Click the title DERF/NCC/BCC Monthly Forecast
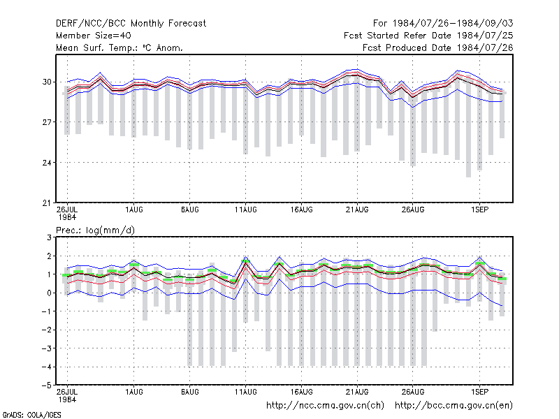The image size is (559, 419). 131,24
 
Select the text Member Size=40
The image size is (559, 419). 94,36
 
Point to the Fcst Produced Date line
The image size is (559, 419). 438,47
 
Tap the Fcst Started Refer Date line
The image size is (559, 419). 428,36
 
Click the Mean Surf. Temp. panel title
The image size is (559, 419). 119,47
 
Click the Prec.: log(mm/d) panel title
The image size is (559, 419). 95,230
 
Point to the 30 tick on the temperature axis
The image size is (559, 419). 47,82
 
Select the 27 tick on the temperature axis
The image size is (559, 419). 47,122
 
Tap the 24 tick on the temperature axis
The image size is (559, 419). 47,163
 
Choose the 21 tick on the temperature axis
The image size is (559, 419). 47,203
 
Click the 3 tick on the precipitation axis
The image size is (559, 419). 49,237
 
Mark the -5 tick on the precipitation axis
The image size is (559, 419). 47,385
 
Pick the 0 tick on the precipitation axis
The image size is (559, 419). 49,293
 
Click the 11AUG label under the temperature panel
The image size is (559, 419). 246,210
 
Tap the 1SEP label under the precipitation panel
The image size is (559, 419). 479,392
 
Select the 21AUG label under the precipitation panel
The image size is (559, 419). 357,392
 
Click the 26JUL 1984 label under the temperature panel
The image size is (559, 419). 67,214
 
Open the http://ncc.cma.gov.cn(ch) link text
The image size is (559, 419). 325,406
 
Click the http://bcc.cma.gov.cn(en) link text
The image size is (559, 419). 453,406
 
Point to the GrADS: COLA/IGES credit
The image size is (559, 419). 31,415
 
